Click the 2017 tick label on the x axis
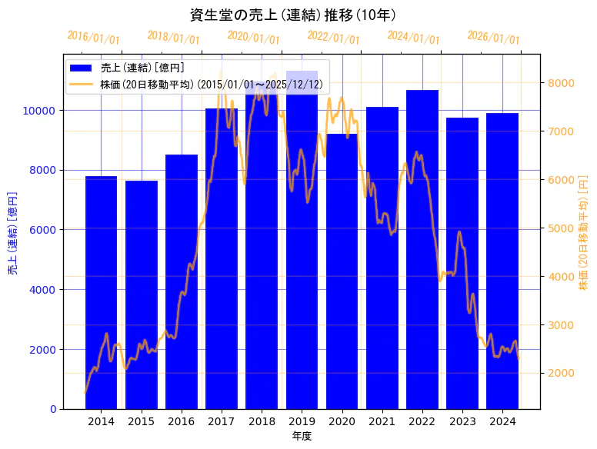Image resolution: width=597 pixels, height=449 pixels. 222,421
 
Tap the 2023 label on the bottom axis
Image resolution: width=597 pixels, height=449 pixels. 462,421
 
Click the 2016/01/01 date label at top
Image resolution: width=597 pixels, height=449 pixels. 93,38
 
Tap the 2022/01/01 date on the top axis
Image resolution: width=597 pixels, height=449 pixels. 333,38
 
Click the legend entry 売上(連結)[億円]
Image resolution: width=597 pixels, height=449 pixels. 142,68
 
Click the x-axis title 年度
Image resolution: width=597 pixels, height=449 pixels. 302,436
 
